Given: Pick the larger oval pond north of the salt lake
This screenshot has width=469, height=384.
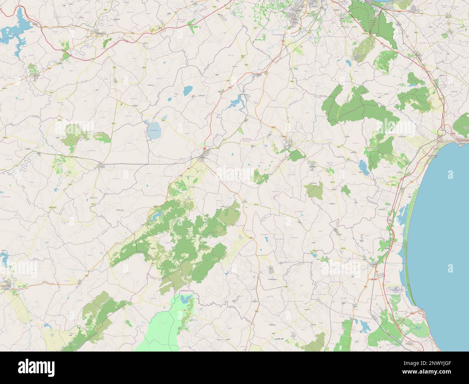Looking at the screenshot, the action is click(188, 91).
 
